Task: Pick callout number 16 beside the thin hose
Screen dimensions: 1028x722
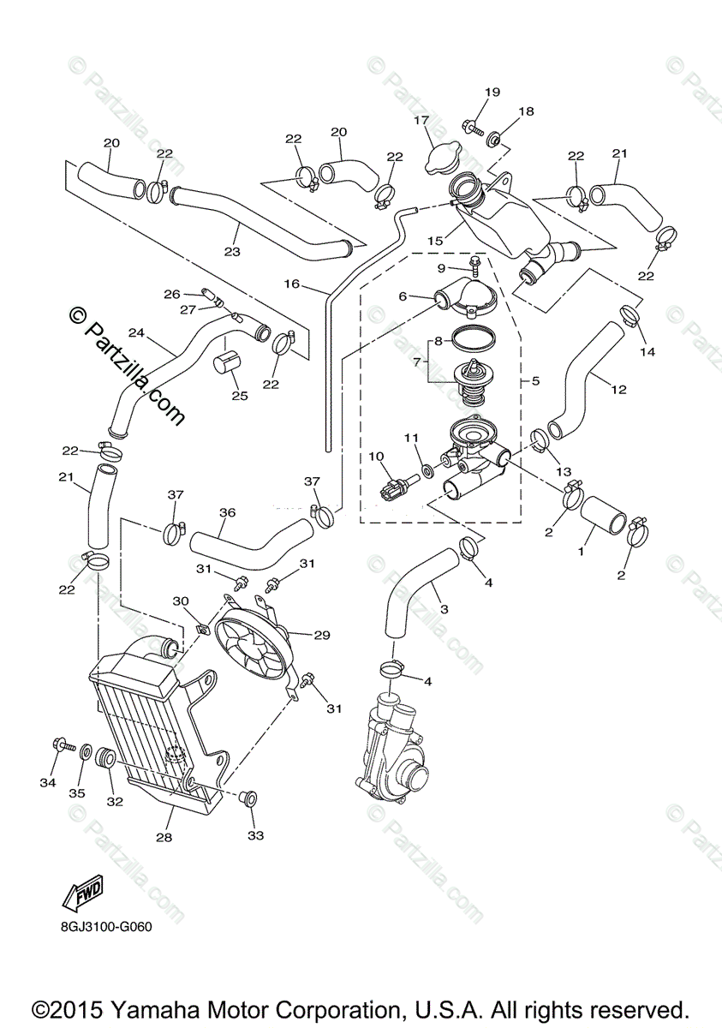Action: click(x=292, y=284)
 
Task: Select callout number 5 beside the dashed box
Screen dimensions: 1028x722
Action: click(x=535, y=380)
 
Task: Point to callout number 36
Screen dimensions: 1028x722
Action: click(x=227, y=512)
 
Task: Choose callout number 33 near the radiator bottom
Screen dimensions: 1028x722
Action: click(x=256, y=834)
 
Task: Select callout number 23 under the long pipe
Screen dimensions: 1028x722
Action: click(x=231, y=252)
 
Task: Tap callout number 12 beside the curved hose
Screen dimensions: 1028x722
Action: click(x=618, y=388)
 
